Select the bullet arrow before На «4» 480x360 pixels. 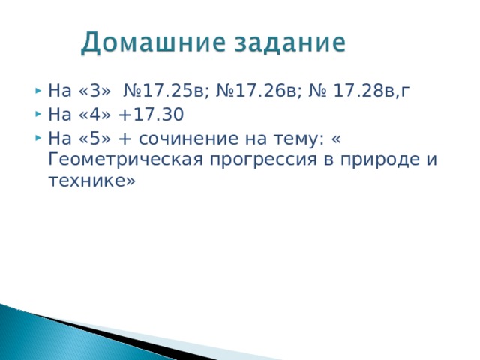coord(37,116)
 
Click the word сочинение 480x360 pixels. coord(187,139)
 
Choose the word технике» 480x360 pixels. coord(91,181)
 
